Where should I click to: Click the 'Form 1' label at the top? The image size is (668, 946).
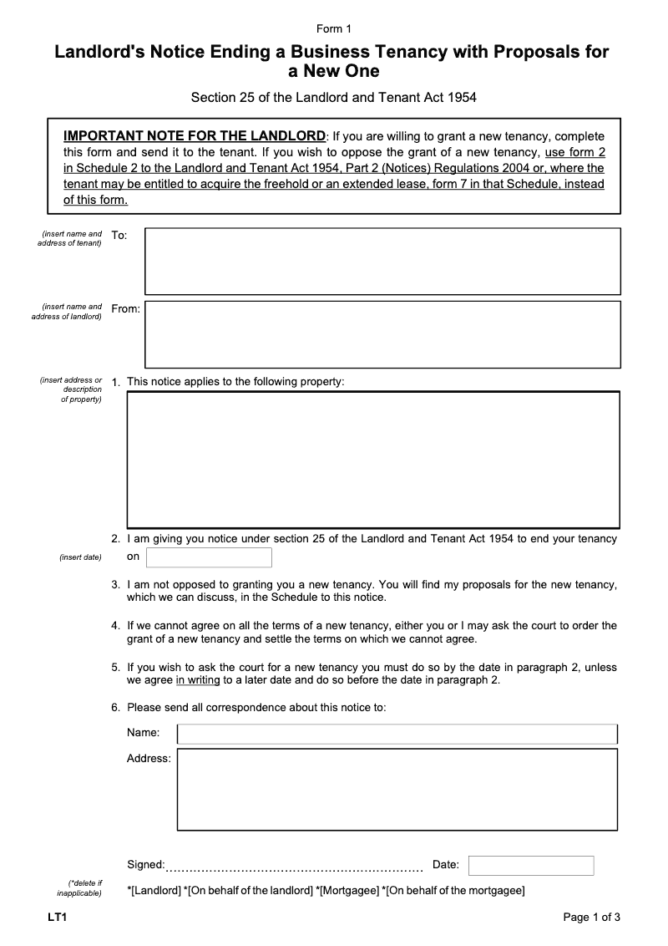coord(334,28)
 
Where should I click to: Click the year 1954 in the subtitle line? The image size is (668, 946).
coord(462,98)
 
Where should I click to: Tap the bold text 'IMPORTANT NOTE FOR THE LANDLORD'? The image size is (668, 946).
coord(195,136)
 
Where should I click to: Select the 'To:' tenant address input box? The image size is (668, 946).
coord(382,261)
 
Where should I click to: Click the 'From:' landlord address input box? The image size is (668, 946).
coord(382,334)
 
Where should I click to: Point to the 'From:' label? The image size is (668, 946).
coord(125,309)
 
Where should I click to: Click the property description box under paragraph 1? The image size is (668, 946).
coord(372,460)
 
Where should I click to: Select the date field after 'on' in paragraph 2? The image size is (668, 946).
coord(209,557)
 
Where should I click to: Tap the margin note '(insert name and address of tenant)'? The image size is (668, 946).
coord(70,238)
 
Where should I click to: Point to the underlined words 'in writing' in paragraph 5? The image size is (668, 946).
coord(198,680)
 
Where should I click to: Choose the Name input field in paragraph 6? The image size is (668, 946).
coord(397,734)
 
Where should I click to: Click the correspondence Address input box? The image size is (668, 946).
coord(397,789)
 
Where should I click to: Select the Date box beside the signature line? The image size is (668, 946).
coord(531,866)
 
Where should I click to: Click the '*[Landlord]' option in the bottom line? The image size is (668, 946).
coord(154,891)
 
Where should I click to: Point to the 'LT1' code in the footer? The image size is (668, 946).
coord(57,918)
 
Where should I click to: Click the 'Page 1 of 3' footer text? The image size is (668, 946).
coord(592,918)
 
